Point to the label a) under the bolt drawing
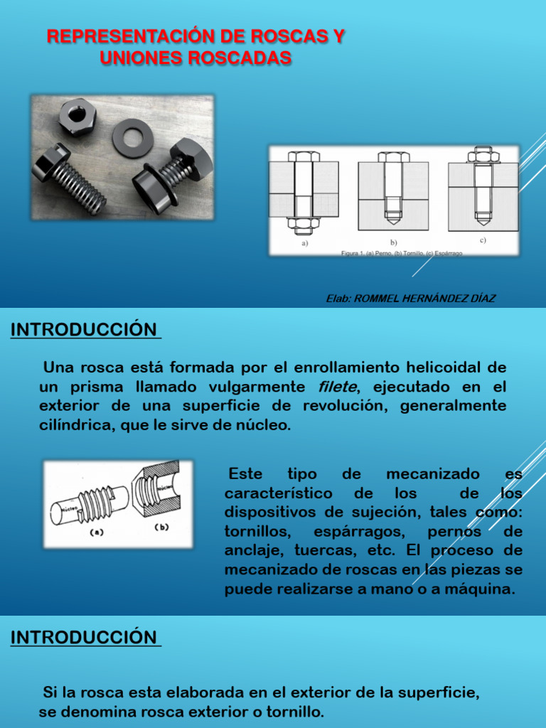(x=304, y=242)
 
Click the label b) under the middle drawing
(x=393, y=242)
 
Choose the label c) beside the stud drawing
(x=483, y=240)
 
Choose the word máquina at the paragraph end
(x=482, y=589)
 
